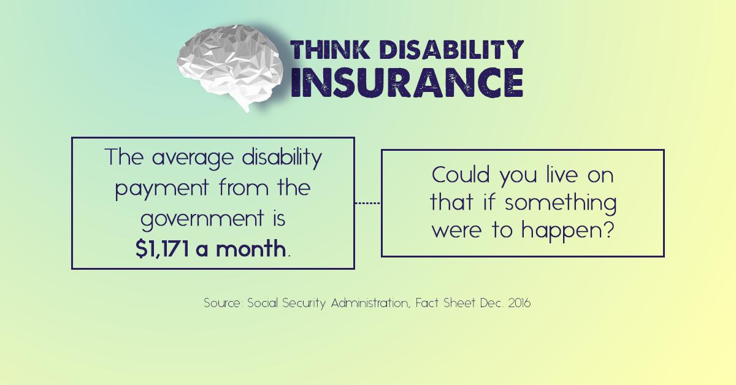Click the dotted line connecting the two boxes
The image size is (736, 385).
(x=368, y=203)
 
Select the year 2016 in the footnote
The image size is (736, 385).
(x=516, y=303)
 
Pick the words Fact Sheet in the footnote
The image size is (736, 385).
(x=443, y=303)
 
